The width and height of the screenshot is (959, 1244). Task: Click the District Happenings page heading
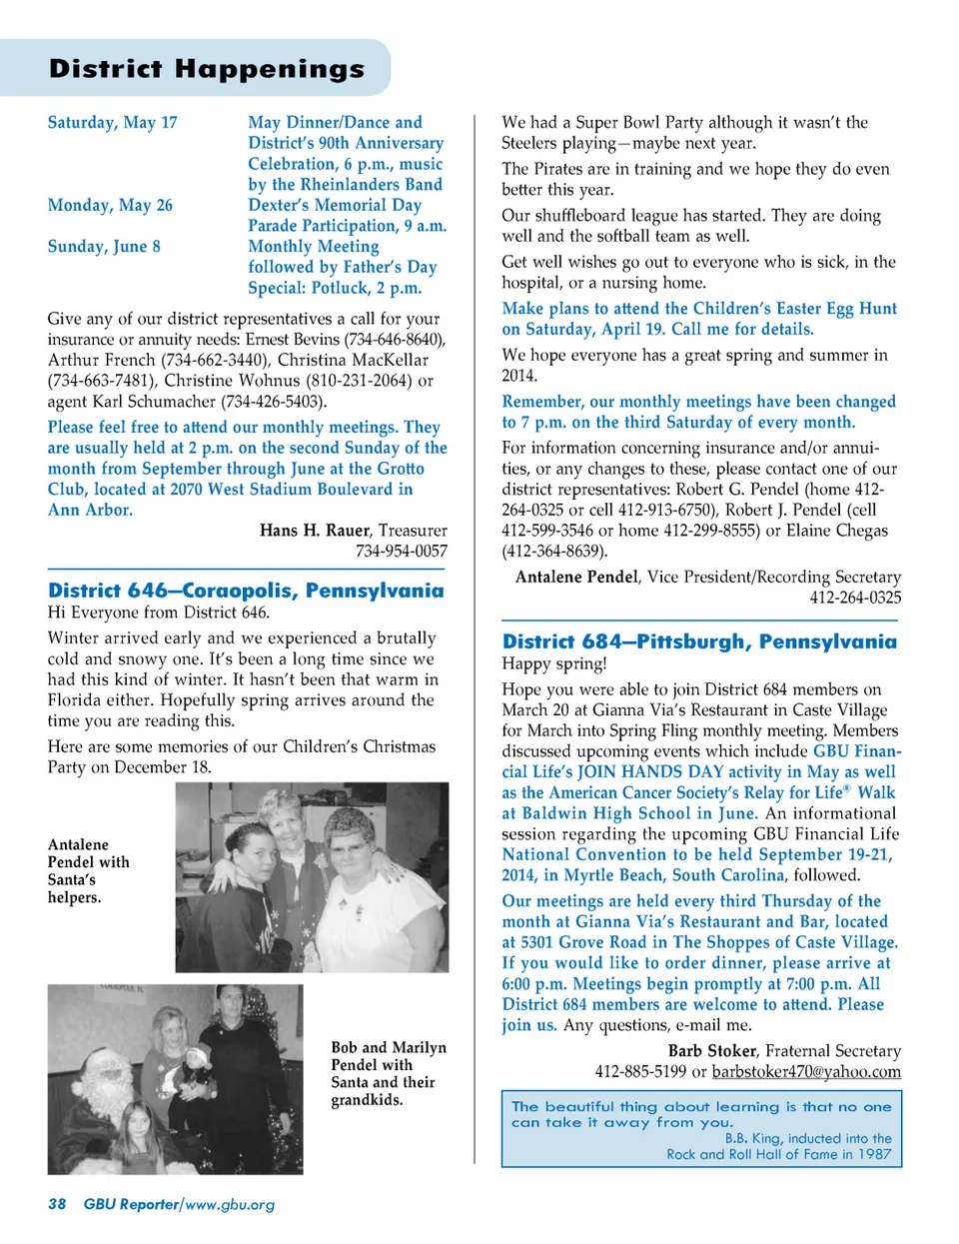pyautogui.click(x=207, y=68)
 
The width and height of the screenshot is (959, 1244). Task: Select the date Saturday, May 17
pyautogui.click(x=112, y=122)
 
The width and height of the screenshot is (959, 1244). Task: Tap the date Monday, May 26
pyautogui.click(x=110, y=205)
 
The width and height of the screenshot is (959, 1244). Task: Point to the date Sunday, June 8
pyautogui.click(x=104, y=246)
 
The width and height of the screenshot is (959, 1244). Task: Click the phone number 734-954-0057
pyautogui.click(x=402, y=551)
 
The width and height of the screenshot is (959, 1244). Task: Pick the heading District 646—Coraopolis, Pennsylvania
pyautogui.click(x=246, y=591)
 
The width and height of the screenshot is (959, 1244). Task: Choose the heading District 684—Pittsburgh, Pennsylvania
pyautogui.click(x=699, y=641)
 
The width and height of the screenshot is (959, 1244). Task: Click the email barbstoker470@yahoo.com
pyautogui.click(x=806, y=1071)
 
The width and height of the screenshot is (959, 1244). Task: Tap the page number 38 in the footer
pyautogui.click(x=57, y=1204)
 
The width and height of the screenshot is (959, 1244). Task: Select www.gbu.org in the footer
pyautogui.click(x=230, y=1204)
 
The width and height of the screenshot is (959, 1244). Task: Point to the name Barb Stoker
pyautogui.click(x=711, y=1050)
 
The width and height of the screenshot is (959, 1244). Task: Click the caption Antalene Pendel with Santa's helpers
pyautogui.click(x=89, y=870)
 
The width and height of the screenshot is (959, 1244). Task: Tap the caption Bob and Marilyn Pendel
pyautogui.click(x=389, y=1056)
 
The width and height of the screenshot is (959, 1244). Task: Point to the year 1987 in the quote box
pyautogui.click(x=875, y=1154)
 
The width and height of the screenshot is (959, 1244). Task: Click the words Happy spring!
pyautogui.click(x=553, y=663)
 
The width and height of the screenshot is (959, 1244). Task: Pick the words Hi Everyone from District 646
pyautogui.click(x=158, y=612)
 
